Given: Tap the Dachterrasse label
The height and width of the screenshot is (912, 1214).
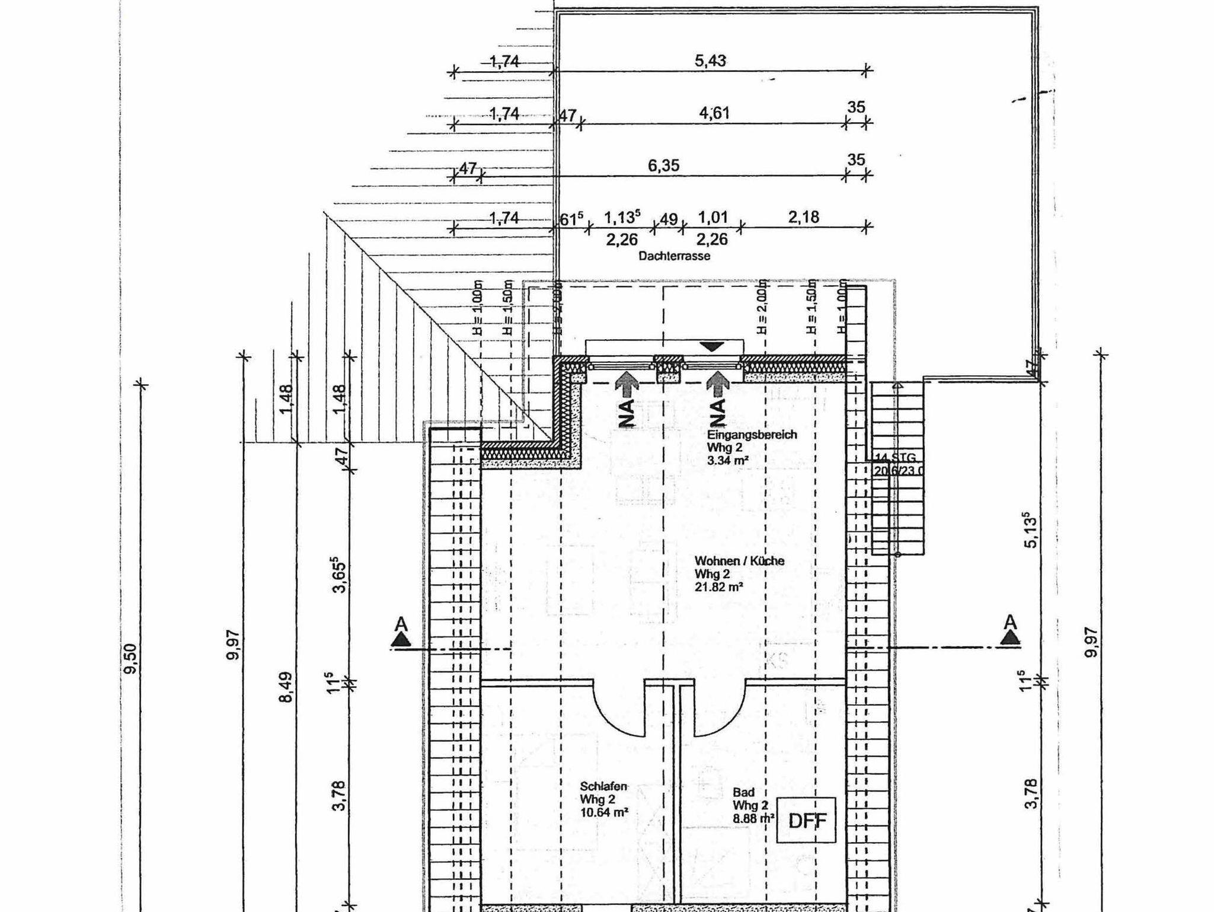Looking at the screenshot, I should [674, 256].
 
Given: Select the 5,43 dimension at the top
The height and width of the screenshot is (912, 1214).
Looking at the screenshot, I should [710, 60].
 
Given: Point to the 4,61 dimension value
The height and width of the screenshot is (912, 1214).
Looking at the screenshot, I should [714, 113].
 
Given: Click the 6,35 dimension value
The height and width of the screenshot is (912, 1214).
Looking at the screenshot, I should [663, 165].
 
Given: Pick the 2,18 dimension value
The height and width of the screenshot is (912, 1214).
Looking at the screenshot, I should [803, 217].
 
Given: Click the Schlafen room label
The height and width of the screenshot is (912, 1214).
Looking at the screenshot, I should [603, 786].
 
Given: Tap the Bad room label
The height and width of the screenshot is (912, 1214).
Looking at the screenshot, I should [743, 792].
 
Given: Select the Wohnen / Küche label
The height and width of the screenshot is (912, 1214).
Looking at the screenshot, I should [739, 560].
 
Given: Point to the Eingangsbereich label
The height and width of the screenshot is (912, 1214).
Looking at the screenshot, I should [752, 434].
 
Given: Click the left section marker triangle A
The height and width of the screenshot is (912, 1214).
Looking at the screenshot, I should [401, 639].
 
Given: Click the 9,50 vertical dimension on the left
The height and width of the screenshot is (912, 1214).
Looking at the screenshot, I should [131, 658].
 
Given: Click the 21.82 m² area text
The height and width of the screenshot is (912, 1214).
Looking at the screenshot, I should [719, 586].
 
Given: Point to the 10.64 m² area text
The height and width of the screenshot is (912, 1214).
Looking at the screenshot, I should [604, 812].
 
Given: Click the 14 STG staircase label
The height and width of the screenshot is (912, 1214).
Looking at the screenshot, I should [895, 457].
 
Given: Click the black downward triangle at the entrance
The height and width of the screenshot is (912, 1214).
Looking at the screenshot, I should [711, 346].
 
